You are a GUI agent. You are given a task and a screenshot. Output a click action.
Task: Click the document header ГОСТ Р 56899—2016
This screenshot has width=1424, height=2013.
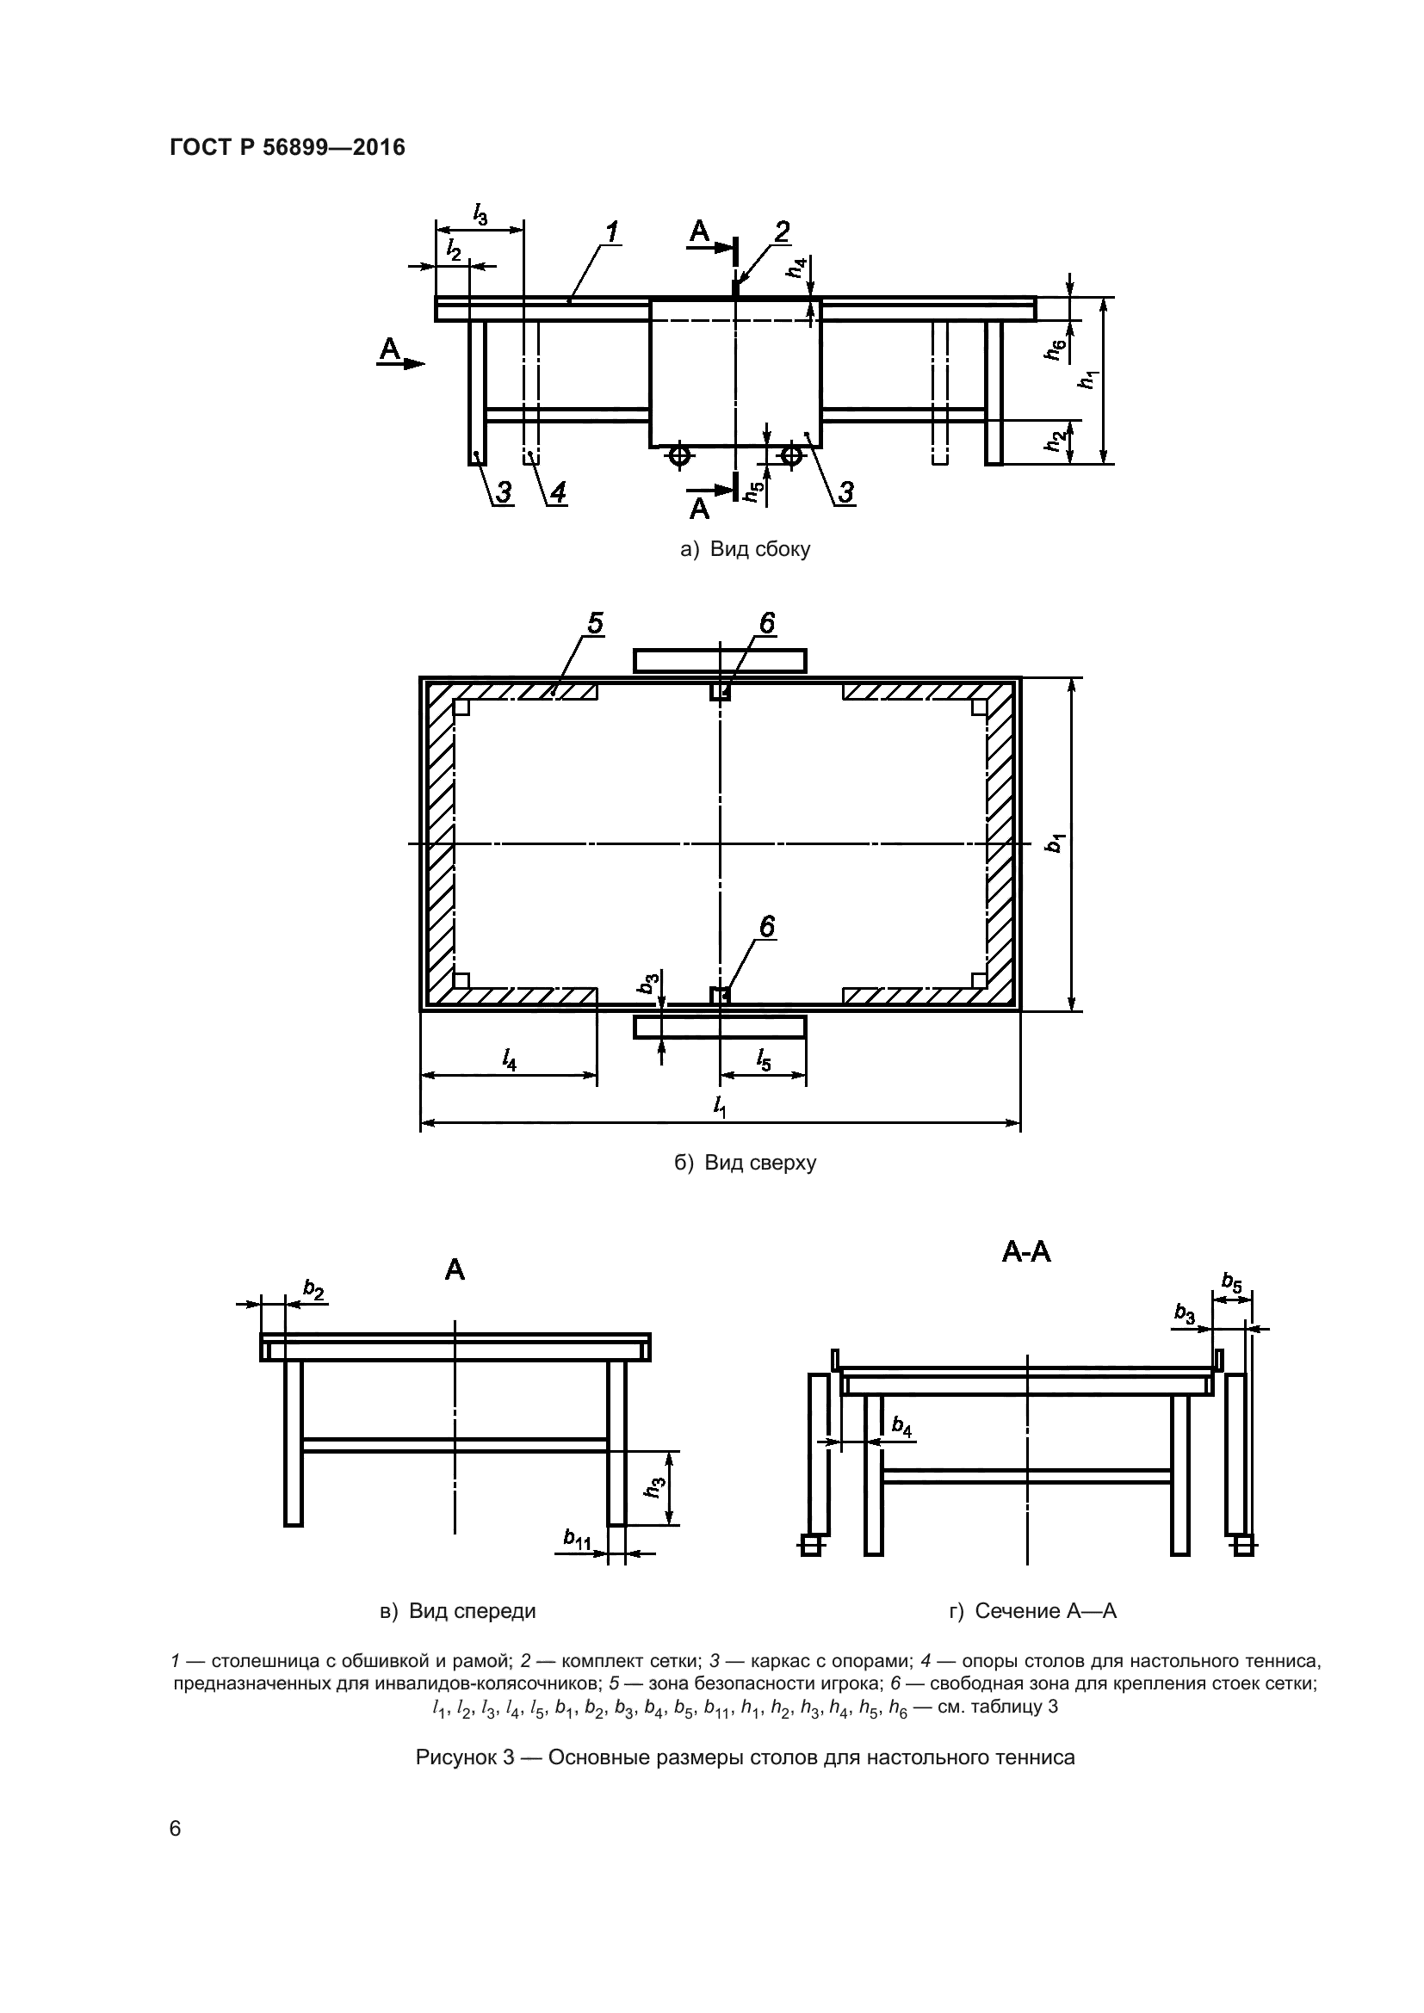(x=287, y=147)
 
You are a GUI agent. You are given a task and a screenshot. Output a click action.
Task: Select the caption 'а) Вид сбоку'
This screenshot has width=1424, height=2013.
(x=746, y=550)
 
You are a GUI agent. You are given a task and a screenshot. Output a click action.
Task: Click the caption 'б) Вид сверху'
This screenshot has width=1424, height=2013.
(x=746, y=1164)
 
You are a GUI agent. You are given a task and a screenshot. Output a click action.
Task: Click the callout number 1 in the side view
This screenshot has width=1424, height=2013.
(x=611, y=232)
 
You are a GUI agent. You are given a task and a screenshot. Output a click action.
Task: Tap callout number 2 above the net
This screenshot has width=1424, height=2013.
(x=780, y=231)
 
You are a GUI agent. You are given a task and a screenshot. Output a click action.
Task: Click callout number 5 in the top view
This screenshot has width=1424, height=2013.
(x=595, y=623)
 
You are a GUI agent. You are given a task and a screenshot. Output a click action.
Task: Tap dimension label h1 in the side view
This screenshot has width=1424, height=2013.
(x=1090, y=380)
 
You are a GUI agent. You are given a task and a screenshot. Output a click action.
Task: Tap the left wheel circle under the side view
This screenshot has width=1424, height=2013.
(x=678, y=454)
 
